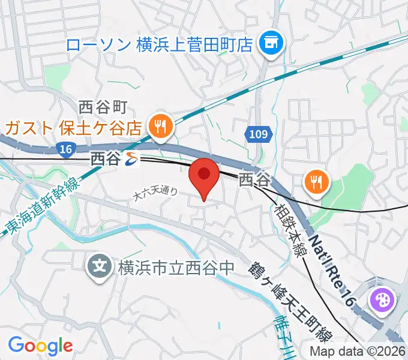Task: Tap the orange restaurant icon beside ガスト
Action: coord(161,126)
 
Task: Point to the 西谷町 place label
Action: coord(103,108)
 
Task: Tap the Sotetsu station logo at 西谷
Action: coord(131,159)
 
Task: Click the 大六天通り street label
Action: coord(155,193)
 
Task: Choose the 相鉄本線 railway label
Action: coord(290,224)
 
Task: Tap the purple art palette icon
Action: coord(382,298)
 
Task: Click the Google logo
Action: coord(40,346)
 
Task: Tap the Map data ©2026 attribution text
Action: coord(358,352)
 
